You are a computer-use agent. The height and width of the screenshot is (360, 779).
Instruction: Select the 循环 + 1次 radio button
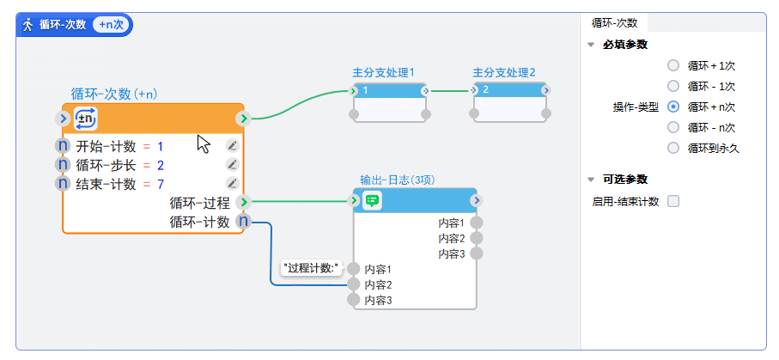click(673, 65)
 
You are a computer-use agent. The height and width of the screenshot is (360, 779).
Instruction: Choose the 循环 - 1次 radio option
click(673, 86)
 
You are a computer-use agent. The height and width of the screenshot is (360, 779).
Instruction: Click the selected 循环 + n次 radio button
click(673, 107)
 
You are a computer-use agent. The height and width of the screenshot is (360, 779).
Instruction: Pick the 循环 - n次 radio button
click(673, 127)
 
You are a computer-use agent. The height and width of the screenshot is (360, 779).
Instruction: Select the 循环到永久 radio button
click(673, 148)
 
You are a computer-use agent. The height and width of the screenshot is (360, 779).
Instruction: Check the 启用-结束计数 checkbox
click(673, 201)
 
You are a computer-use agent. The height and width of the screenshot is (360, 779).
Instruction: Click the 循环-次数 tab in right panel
click(615, 23)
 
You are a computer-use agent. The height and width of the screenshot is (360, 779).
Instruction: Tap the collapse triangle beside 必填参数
click(590, 45)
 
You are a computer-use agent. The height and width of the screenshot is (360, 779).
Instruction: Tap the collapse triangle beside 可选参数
click(590, 180)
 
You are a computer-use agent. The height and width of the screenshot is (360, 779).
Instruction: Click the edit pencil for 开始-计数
click(232, 146)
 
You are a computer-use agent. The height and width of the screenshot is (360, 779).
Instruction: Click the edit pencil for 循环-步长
click(232, 165)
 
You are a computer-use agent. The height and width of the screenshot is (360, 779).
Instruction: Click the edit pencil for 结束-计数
click(232, 184)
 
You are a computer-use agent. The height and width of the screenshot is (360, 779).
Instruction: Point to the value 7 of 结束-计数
click(161, 184)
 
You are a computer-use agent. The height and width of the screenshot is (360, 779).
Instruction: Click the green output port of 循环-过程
click(243, 203)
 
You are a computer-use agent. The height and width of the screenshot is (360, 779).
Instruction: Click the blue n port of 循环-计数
click(243, 222)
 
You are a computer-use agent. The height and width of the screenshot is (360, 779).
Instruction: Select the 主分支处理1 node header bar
click(389, 90)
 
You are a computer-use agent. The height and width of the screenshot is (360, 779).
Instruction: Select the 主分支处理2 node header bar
click(509, 90)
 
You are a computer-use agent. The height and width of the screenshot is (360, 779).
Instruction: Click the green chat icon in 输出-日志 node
click(372, 200)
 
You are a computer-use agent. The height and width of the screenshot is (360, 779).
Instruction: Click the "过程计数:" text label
click(312, 268)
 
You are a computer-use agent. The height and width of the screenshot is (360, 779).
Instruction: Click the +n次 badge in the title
click(111, 25)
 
